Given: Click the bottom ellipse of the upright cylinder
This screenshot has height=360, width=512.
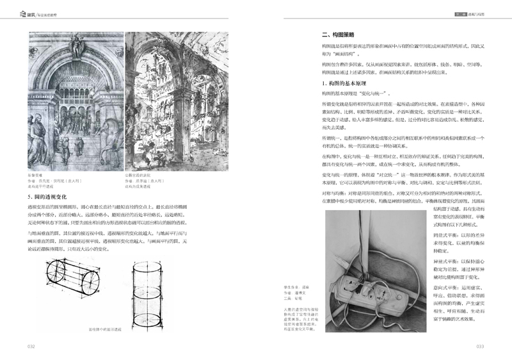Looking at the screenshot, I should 149,320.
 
